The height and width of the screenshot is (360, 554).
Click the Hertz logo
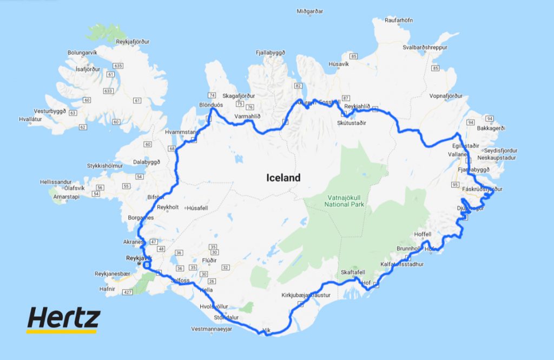tap(64, 319)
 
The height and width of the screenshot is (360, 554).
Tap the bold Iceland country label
tap(283, 178)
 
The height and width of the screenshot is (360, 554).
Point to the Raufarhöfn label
tap(398, 21)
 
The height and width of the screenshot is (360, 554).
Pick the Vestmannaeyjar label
tap(215, 329)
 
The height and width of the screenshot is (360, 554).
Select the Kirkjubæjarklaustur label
tap(306, 296)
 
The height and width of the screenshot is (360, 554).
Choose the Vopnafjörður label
tap(446, 96)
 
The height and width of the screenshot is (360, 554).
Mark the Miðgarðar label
tap(310, 11)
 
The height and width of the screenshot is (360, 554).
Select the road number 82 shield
tap(298, 86)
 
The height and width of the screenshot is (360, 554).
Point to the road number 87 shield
tap(346, 97)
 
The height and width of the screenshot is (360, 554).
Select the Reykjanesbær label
tap(112, 274)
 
